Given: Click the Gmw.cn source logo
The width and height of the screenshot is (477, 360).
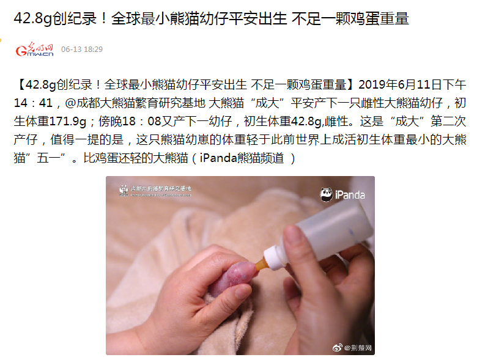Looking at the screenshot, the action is click(x=35, y=50).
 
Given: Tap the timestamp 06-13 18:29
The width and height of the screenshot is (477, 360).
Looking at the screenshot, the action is click(x=82, y=50).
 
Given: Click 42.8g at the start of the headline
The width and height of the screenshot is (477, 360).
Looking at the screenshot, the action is click(x=33, y=18).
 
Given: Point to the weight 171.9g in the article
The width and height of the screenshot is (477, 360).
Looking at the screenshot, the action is click(x=67, y=121).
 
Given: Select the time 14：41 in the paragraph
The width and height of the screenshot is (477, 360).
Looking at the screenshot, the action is click(x=33, y=103).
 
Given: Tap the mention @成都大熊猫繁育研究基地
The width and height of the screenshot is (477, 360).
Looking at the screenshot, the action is click(x=135, y=103).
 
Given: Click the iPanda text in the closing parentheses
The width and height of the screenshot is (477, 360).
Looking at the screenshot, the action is click(x=218, y=158).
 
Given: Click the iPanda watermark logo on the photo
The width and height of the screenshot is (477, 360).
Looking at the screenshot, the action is click(x=342, y=194).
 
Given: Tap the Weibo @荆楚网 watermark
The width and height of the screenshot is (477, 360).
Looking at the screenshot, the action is click(x=352, y=348).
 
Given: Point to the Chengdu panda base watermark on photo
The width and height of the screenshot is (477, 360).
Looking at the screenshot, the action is click(x=155, y=190).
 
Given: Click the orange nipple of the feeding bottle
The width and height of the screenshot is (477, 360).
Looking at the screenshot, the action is click(x=262, y=264).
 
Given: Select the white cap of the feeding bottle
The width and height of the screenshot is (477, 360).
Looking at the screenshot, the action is click(x=275, y=258).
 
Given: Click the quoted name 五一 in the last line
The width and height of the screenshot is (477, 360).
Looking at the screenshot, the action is click(x=49, y=158).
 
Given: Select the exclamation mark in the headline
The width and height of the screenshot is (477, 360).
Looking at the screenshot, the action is click(x=104, y=18).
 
